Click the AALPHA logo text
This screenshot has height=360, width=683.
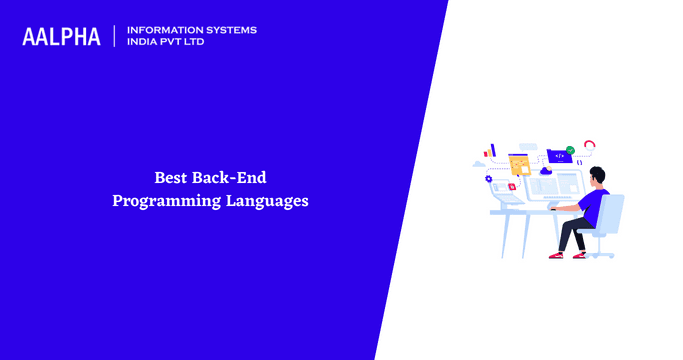(x=61, y=37)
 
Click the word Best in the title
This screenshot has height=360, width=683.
(x=171, y=178)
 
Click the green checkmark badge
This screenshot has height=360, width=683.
(x=570, y=150)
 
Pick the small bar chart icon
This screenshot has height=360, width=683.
(x=490, y=151)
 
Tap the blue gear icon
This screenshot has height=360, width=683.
(x=489, y=178)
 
